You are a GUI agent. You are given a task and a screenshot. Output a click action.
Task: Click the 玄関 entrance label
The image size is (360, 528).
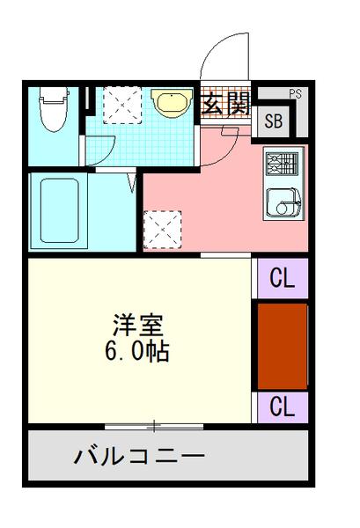tap(226, 104)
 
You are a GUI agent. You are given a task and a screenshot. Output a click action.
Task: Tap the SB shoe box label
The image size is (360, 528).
tap(273, 121)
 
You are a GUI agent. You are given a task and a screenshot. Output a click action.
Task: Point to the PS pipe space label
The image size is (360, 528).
tap(295, 92)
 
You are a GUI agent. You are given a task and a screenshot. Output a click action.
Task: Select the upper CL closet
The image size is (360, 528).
tap(281, 277)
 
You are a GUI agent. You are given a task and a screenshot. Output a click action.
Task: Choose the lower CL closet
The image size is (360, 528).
tap(281, 407)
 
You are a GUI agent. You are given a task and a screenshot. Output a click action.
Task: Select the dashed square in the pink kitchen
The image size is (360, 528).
tap(163, 230)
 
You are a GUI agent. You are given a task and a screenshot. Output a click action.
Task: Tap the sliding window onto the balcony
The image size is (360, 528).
tap(154, 427)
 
